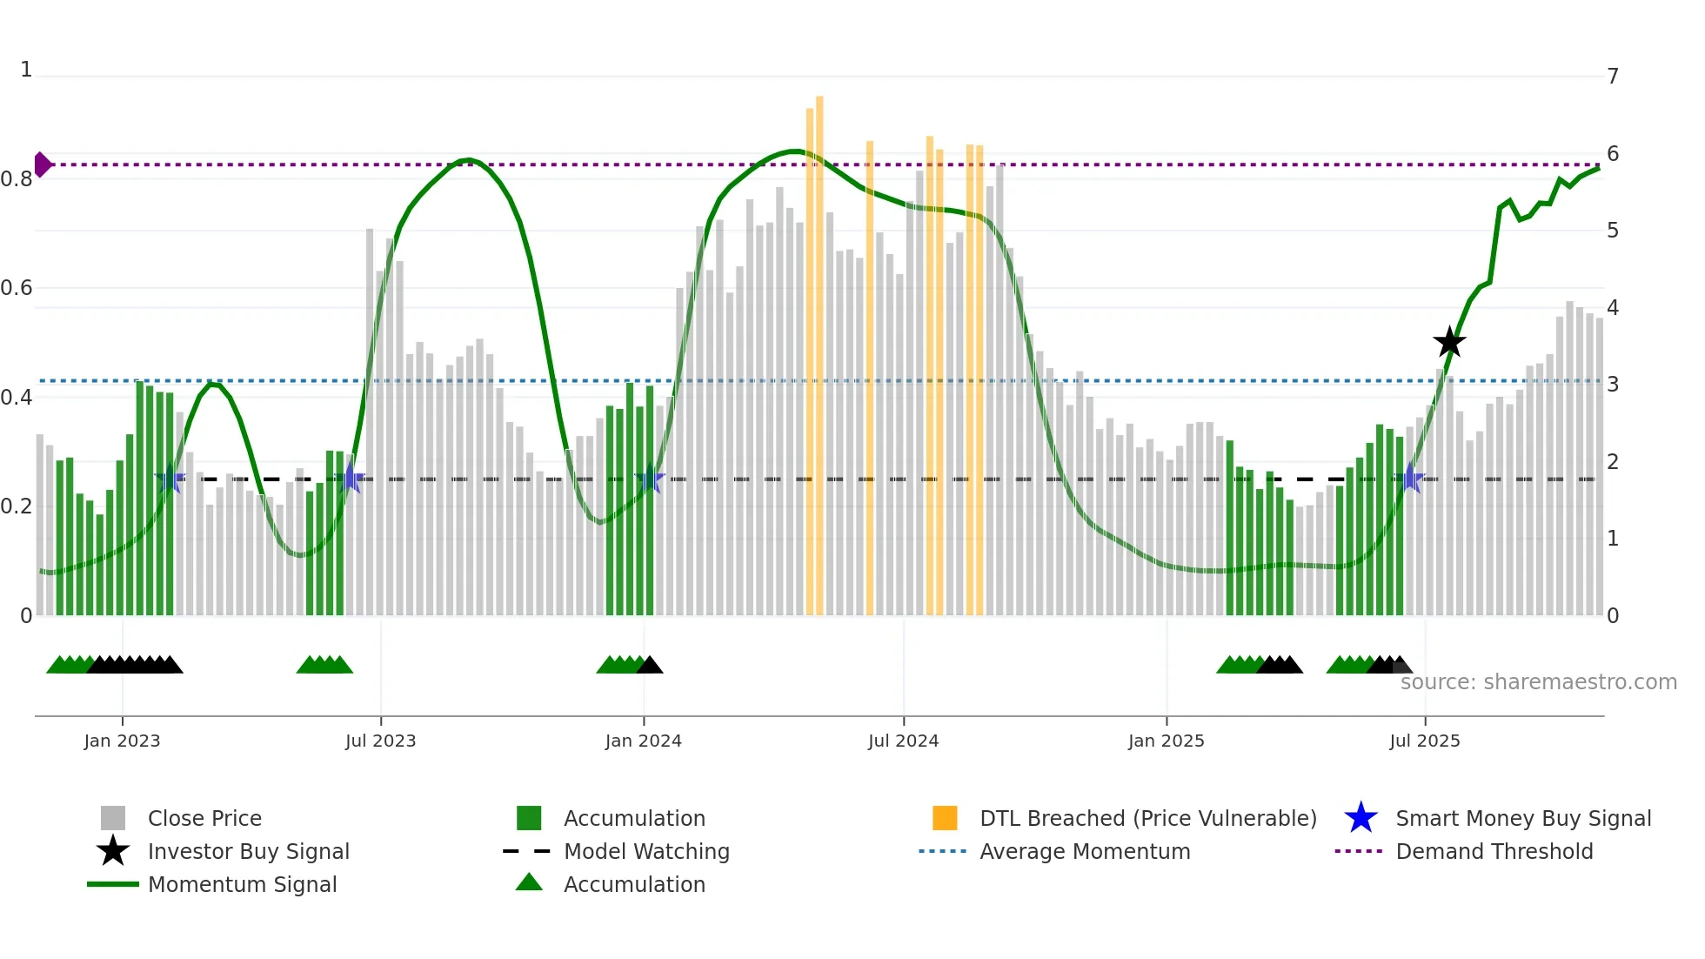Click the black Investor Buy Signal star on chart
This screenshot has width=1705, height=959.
pyautogui.click(x=1449, y=342)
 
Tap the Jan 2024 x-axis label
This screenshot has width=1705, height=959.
pyautogui.click(x=643, y=741)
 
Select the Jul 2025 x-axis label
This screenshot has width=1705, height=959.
pyautogui.click(x=1424, y=741)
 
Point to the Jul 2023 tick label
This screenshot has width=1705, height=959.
pyautogui.click(x=380, y=741)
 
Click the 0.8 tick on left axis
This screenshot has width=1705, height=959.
pyautogui.click(x=17, y=179)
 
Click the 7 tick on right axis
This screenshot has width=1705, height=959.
pyautogui.click(x=1612, y=77)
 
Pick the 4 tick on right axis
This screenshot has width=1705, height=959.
pyautogui.click(x=1612, y=308)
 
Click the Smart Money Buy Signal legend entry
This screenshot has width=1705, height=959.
pyautogui.click(x=1522, y=818)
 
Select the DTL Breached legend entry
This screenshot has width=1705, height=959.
pyautogui.click(x=1147, y=818)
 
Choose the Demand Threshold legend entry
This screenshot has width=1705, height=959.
pyautogui.click(x=1494, y=851)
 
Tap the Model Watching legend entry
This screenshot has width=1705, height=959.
pyautogui.click(x=645, y=851)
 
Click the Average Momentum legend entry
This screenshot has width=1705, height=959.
pyautogui.click(x=1084, y=851)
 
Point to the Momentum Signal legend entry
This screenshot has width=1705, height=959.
pyautogui.click(x=242, y=884)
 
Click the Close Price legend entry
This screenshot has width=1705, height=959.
pyautogui.click(x=204, y=818)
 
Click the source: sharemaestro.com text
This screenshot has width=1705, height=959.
pyautogui.click(x=1538, y=681)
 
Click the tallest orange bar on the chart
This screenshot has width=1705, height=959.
pyautogui.click(x=819, y=348)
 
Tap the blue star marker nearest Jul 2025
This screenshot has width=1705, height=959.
pyautogui.click(x=1410, y=479)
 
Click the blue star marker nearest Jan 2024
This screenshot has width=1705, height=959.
pyautogui.click(x=650, y=479)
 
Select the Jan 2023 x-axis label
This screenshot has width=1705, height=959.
pyautogui.click(x=122, y=741)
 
